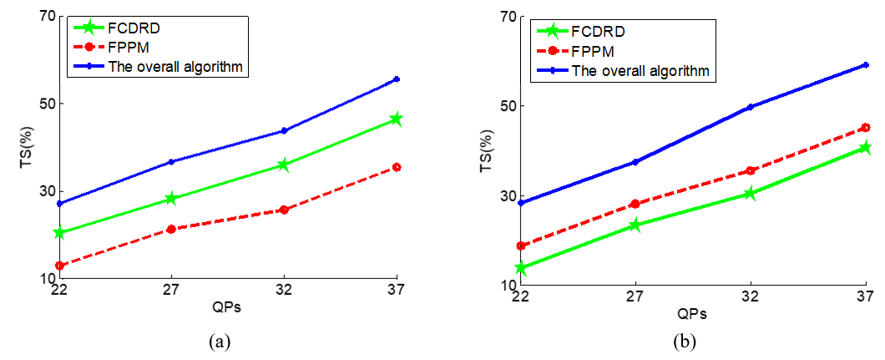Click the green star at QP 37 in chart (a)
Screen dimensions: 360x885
coord(396,119)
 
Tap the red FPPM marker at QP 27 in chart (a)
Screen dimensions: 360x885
coord(171,229)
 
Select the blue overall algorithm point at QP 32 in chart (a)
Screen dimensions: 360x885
coord(284,130)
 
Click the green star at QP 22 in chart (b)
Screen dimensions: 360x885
coord(521,268)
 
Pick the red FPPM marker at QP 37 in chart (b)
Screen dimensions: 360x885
coord(866,128)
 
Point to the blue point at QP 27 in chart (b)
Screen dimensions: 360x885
coord(635,162)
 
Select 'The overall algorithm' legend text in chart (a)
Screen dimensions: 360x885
coord(176,66)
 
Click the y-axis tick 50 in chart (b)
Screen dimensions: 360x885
coord(506,106)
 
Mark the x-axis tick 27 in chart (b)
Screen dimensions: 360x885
coord(635,297)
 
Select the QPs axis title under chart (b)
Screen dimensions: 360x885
coord(693,314)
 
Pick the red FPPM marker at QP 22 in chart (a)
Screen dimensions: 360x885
coord(59,266)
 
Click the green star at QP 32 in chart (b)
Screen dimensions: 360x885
coord(750,193)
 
